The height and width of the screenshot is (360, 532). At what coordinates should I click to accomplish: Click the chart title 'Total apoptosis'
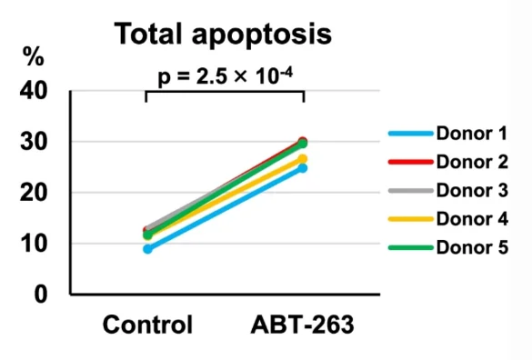[222, 35]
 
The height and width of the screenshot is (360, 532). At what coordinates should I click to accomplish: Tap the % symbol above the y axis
[34, 56]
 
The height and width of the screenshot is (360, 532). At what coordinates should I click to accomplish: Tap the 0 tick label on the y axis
[42, 295]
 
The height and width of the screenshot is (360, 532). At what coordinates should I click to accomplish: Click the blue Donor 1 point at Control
[147, 248]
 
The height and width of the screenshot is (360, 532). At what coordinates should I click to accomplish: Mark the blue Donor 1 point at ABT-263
[303, 168]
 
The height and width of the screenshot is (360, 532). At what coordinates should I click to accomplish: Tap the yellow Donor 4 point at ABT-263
[303, 159]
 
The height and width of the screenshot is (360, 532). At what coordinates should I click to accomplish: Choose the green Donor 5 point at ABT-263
[303, 144]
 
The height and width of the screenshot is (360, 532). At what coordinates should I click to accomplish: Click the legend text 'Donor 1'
[471, 135]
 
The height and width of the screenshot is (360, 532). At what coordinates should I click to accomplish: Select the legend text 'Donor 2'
[471, 163]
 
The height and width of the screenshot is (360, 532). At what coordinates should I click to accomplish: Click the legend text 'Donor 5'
[471, 247]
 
